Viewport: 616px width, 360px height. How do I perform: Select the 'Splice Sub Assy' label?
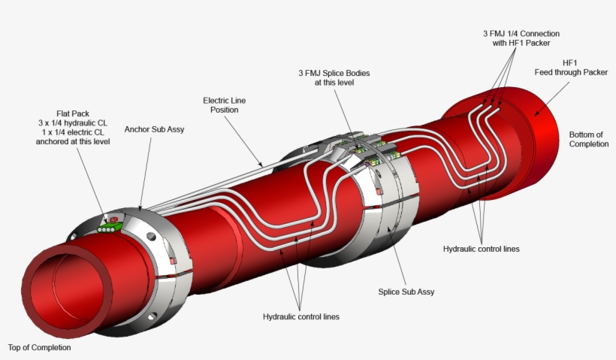tap(406, 292)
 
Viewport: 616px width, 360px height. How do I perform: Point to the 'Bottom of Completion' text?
tap(588, 139)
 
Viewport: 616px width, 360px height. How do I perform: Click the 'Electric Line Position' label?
tap(224, 104)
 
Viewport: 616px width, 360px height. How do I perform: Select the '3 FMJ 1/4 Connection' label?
tap(521, 38)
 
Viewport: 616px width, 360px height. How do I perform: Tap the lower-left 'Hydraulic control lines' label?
tap(300, 316)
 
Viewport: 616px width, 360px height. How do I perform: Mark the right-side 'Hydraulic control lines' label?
tap(481, 249)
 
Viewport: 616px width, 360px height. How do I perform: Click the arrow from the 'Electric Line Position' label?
tap(245, 139)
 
